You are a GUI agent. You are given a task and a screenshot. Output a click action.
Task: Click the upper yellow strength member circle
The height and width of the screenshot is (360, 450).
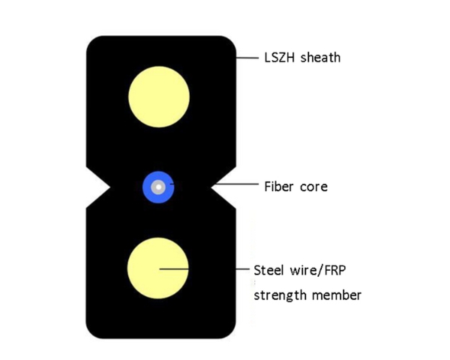click(159, 97)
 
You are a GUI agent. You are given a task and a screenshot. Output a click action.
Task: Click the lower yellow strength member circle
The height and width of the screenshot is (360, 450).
click(157, 268)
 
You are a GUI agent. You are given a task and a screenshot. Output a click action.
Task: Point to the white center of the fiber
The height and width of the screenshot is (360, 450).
click(158, 187)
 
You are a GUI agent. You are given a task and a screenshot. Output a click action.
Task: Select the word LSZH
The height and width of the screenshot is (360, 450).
click(279, 58)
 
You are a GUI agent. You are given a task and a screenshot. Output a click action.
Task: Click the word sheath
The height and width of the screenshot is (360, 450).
click(320, 58)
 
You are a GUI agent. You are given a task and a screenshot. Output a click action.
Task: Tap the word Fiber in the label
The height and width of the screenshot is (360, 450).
click(279, 187)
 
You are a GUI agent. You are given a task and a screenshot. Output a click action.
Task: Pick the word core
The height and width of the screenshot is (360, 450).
click(313, 187)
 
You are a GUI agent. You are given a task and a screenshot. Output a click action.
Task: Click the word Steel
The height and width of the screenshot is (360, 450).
click(269, 271)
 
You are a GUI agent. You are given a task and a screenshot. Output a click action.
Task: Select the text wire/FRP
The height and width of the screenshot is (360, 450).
click(318, 271)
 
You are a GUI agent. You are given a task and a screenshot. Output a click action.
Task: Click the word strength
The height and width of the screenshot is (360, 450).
click(280, 295)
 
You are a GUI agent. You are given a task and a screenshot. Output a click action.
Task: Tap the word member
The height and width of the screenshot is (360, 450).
click(336, 295)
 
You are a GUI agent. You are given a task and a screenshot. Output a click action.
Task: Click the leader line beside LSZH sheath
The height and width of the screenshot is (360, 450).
click(247, 58)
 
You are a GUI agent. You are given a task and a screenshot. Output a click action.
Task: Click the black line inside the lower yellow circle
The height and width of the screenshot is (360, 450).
click(174, 269)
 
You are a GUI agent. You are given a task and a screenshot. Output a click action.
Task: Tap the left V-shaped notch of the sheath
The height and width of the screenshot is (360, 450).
click(98, 187)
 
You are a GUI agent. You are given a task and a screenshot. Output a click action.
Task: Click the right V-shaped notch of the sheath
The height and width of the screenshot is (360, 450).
click(223, 187)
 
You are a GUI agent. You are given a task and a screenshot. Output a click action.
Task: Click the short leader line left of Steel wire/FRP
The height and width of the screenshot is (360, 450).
click(242, 269)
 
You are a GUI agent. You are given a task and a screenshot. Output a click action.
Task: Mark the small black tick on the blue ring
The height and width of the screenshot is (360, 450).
click(172, 184)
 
